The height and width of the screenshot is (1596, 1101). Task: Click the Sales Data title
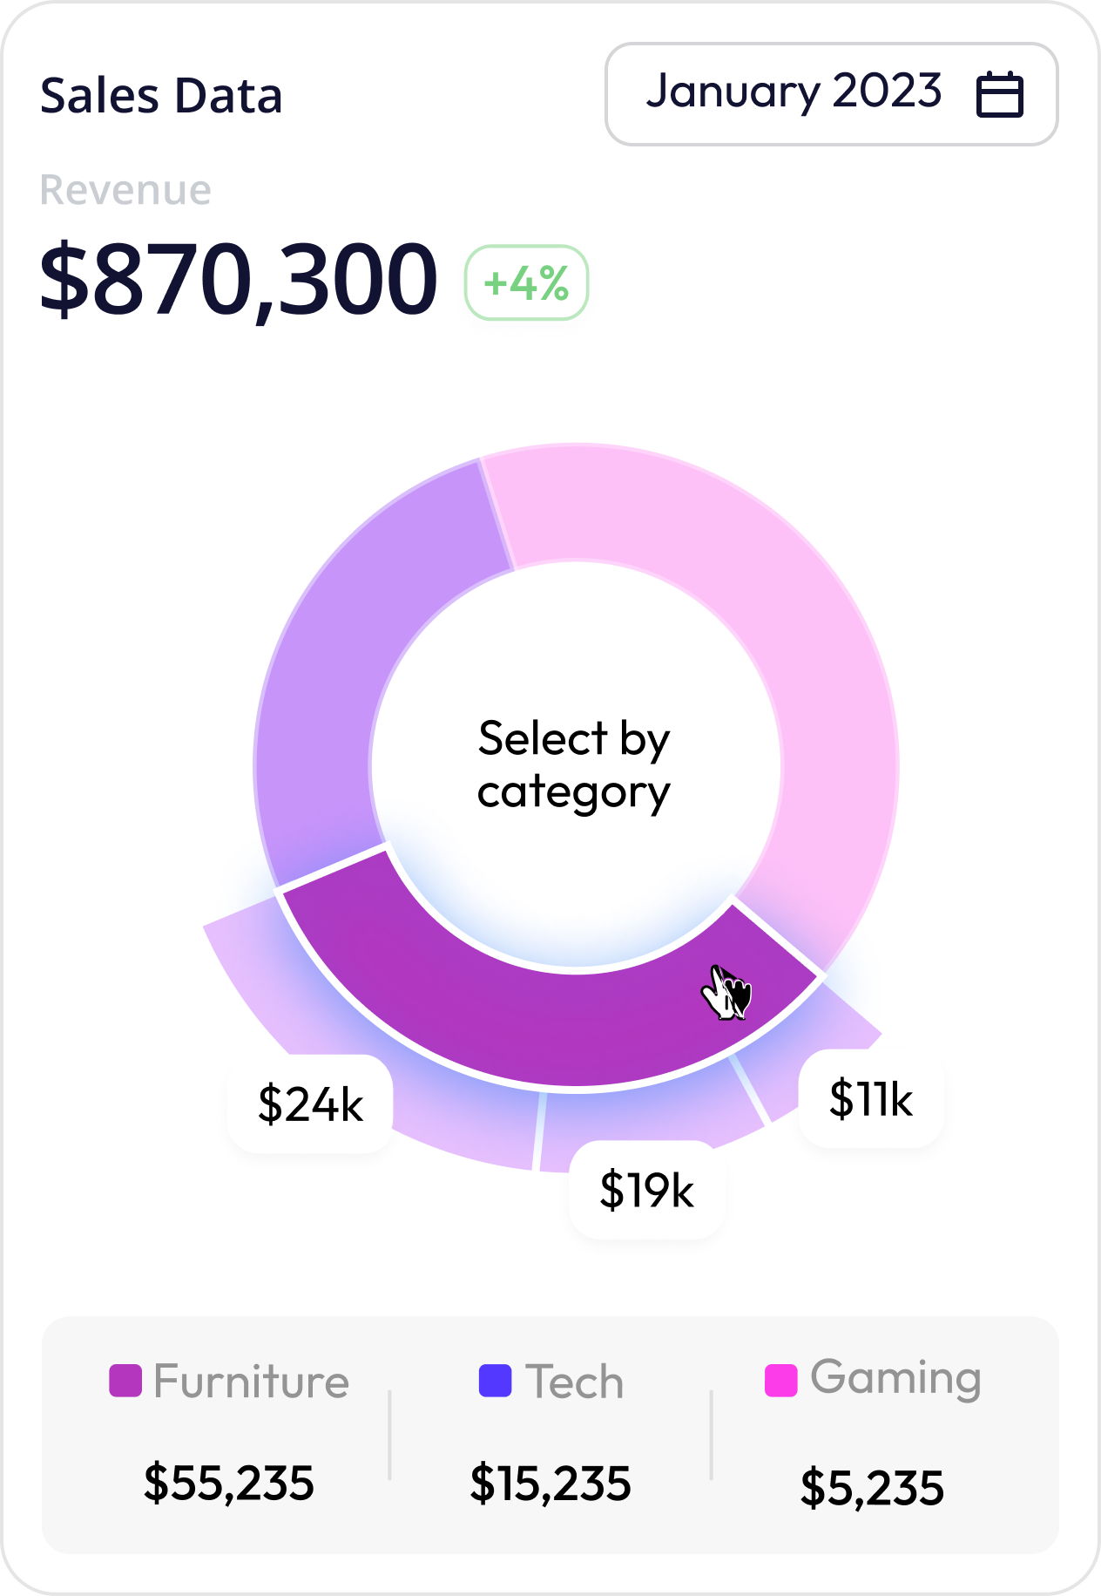[161, 96]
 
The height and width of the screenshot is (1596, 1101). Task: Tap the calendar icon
[999, 94]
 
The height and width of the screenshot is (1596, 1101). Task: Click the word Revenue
[125, 190]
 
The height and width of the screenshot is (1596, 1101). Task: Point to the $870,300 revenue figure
[238, 280]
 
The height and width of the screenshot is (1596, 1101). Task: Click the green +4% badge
[526, 282]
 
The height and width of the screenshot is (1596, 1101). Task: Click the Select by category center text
[574, 765]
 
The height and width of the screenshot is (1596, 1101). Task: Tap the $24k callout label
[310, 1104]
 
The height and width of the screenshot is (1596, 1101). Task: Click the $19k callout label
[646, 1190]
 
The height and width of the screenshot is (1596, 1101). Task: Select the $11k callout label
[870, 1098]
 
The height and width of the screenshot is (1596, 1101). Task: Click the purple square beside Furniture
[125, 1381]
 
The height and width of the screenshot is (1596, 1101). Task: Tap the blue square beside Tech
[495, 1381]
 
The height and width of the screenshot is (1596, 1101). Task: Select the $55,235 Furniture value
[228, 1483]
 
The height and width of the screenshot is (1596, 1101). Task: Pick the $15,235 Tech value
[550, 1484]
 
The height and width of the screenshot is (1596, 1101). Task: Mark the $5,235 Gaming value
[872, 1487]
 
